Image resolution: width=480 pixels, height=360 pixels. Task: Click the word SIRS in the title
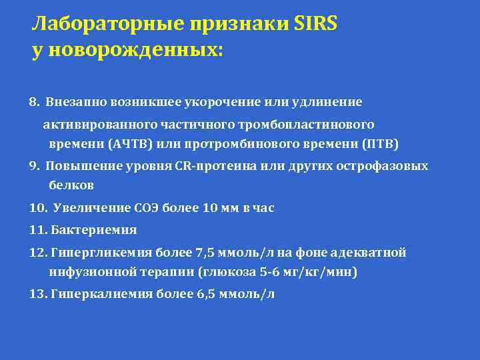315,25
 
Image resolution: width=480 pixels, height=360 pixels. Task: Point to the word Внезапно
71,103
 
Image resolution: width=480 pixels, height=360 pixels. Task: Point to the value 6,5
199,294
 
